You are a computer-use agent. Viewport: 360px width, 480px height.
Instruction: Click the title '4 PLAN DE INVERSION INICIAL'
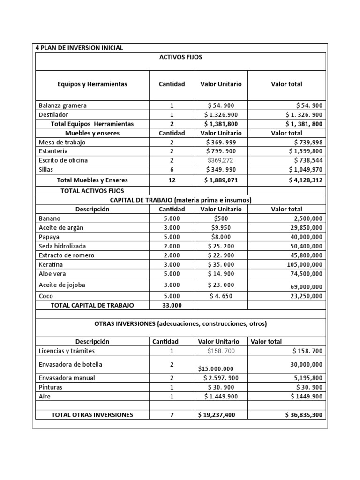pos(79,48)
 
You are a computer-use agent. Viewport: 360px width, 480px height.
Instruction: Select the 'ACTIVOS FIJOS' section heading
pos(180,57)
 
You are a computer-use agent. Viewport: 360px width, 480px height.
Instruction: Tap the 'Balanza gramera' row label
pos(63,105)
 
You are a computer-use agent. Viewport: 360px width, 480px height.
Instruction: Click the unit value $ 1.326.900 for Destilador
pos(221,115)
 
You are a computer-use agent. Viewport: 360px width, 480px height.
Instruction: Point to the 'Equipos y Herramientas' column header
pos(92,84)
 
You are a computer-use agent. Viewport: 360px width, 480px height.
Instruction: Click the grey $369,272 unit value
pos(221,160)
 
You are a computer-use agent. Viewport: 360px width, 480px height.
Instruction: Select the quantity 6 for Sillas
pos(172,169)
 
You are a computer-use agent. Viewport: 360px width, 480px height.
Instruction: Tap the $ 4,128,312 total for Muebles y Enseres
pos(303,180)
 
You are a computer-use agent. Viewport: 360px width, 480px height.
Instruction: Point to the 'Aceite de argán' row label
pos(61,228)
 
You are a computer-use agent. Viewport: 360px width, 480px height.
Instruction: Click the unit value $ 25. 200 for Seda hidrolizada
pos(221,246)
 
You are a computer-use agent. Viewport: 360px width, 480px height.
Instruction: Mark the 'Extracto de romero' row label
pos(67,255)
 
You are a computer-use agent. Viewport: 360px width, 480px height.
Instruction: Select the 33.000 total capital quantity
pos(172,305)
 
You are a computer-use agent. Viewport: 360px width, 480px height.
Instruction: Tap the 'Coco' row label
pos(46,296)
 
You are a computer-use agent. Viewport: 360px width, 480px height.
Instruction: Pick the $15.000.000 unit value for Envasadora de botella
pos(216,369)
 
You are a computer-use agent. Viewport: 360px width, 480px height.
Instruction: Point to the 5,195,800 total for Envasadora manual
pos(305,378)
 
